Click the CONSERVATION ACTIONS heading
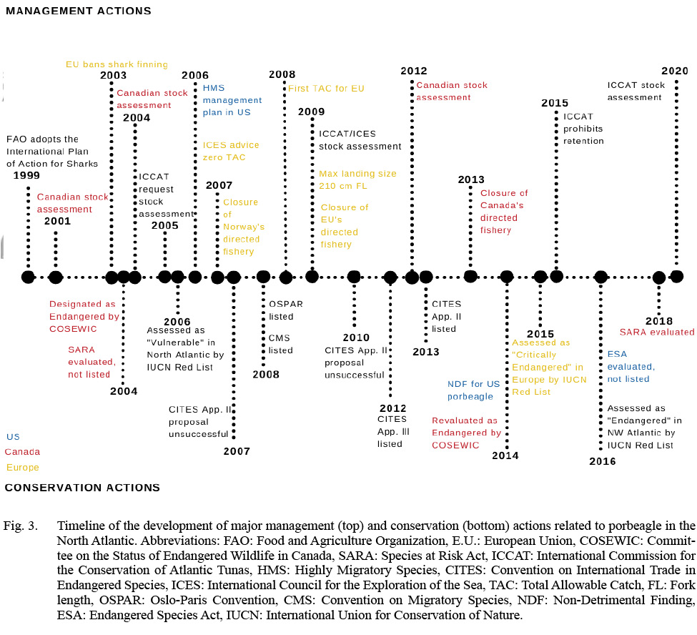[82, 488]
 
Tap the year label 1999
[26, 176]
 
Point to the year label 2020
[674, 71]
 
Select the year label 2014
[505, 456]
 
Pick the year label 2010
[356, 338]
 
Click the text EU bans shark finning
[117, 64]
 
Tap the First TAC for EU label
[326, 89]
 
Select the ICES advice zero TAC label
[231, 151]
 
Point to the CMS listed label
[280, 345]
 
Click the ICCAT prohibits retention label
[583, 129]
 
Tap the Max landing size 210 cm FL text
[357, 180]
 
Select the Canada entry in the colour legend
[22, 452]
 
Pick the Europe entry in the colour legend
[22, 468]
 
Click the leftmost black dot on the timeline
[28, 277]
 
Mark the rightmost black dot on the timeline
[676, 276]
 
